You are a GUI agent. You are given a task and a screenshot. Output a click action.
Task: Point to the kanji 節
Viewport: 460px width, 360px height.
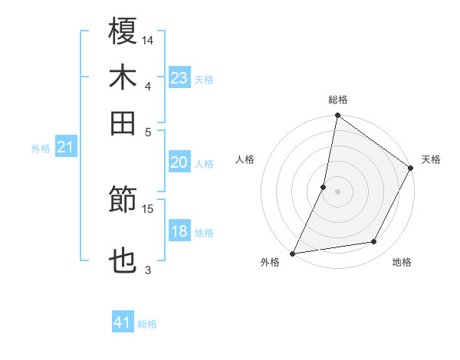123,201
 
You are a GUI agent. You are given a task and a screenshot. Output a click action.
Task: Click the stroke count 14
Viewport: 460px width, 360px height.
149,39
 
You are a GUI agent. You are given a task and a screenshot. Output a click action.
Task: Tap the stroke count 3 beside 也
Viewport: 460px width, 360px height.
149,270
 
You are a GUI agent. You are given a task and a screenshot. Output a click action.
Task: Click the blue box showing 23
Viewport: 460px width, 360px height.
179,77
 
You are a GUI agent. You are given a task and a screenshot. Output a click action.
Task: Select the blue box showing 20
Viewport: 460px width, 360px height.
179,162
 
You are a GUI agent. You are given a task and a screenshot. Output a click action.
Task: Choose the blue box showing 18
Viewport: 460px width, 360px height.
179,231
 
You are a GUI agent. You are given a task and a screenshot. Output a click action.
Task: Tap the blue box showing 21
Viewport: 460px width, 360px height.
65,147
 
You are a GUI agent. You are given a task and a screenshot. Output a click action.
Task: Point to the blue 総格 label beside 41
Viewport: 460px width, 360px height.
148,324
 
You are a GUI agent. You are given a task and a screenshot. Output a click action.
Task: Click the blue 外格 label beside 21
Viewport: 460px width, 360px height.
41,149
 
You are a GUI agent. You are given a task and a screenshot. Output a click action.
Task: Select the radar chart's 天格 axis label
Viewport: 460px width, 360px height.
431,159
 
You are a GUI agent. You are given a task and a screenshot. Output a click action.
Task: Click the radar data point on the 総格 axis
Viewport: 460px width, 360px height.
337,116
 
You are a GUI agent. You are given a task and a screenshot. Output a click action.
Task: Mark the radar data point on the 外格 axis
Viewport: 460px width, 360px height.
293,253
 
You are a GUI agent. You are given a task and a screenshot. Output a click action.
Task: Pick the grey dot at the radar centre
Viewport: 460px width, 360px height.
337,191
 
